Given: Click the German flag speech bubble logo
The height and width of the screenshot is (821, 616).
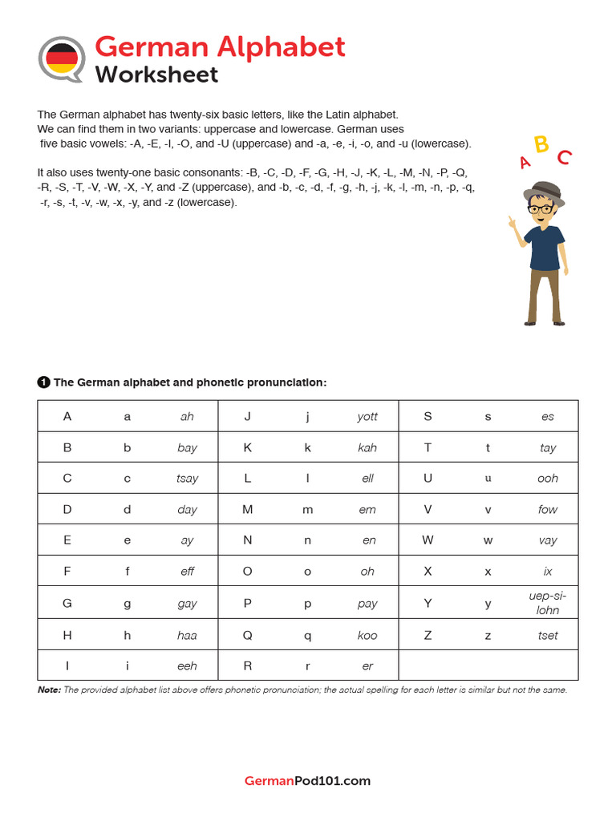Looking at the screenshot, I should pos(62,59).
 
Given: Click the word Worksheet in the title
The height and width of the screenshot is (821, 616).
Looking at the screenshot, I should pos(156,75).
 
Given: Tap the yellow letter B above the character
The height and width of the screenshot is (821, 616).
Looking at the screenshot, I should pos(541,144).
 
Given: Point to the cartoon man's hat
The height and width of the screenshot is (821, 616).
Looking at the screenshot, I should pos(543,191).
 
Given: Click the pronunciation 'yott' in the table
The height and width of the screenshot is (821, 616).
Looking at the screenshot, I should pos(367,416).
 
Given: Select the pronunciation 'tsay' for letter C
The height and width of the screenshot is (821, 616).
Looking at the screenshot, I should pos(187,478).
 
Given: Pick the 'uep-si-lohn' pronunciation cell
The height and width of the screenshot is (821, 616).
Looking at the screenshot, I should pos(548,603).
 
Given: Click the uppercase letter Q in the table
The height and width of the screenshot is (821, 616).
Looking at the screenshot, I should pos(248,635).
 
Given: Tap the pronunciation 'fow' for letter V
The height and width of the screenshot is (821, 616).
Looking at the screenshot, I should pos(548,509).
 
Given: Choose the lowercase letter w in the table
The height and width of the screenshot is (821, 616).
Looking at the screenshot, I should pos(488,540).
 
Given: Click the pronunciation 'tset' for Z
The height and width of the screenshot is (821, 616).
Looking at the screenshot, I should pos(548,635).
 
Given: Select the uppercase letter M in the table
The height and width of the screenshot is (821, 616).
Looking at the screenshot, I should pos(248,509).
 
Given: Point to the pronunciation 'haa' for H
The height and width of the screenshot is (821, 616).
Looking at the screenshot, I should pos(187,635).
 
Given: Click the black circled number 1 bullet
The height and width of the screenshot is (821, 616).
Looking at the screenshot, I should pos(43,382).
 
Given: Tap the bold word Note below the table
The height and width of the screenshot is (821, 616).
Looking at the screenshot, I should pos(49,690).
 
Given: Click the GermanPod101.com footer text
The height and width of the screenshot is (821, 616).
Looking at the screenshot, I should pos(307,780).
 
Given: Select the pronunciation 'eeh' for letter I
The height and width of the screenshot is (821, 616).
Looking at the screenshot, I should pos(187,665).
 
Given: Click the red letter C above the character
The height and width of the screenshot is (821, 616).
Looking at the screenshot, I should pos(564,157).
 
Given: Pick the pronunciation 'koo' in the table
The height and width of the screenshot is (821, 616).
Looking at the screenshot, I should pos(367,635).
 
